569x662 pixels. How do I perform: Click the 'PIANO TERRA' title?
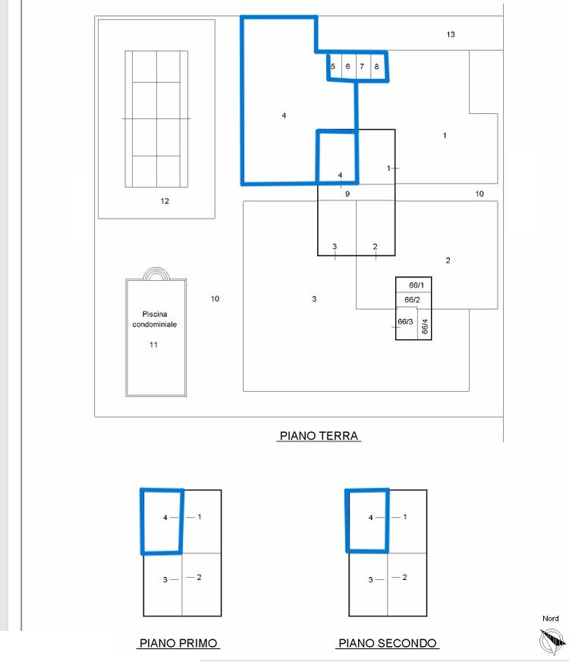[319, 436]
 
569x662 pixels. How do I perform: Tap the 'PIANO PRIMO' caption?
[178, 643]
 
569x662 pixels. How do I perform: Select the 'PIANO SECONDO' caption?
[388, 643]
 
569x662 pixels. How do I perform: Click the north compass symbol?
[552, 641]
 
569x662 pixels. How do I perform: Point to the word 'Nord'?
[551, 619]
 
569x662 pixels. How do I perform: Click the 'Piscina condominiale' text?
[154, 319]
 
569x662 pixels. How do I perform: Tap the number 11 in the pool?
[153, 345]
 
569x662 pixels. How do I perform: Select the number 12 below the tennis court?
[165, 201]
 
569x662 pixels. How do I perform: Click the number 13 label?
[451, 35]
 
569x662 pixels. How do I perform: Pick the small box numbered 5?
[335, 66]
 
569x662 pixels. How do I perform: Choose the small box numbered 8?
[379, 67]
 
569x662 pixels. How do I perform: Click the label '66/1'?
[417, 285]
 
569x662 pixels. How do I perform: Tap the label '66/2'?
[412, 300]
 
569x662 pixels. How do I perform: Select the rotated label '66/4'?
[425, 326]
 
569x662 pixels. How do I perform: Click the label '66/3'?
[405, 322]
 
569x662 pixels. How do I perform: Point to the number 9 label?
[347, 194]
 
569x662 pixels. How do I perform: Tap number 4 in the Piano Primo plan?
[165, 517]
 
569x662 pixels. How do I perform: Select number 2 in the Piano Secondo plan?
[404, 577]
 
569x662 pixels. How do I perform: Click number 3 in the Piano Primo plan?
[165, 580]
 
